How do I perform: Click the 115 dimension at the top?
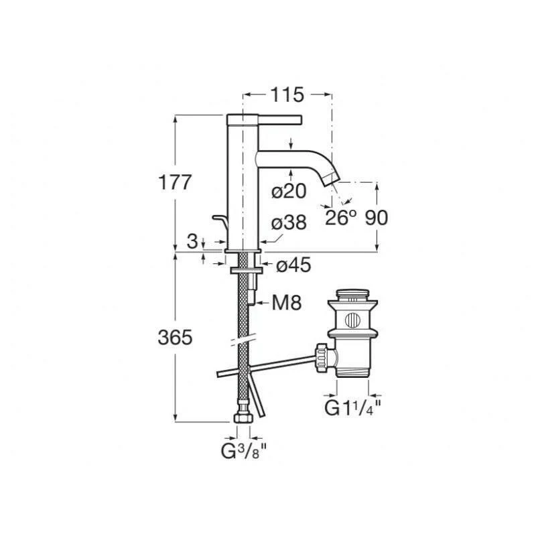click(287, 94)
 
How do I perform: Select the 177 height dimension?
click(174, 182)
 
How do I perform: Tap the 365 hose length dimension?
click(175, 338)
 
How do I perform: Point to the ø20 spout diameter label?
click(289, 191)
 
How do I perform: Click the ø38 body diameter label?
click(289, 223)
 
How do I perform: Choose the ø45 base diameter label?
click(294, 265)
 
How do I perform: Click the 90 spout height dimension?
click(377, 217)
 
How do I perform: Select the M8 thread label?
click(287, 303)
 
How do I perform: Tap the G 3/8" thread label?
click(243, 452)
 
